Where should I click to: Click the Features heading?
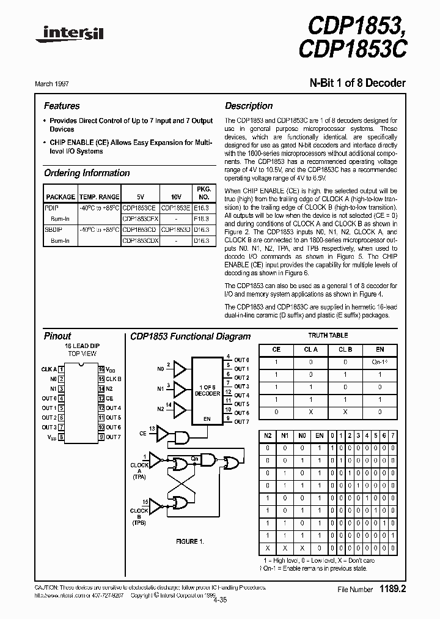click(x=62, y=106)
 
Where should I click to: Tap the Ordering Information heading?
click(x=87, y=173)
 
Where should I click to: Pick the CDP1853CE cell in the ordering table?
click(x=141, y=208)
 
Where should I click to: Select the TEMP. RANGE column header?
click(x=99, y=197)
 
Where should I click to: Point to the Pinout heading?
click(x=57, y=336)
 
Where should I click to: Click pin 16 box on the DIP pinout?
click(x=101, y=369)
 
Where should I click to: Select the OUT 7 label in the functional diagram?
click(x=242, y=421)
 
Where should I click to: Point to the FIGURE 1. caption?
click(x=187, y=541)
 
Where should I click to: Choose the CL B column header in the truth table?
click(x=345, y=349)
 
